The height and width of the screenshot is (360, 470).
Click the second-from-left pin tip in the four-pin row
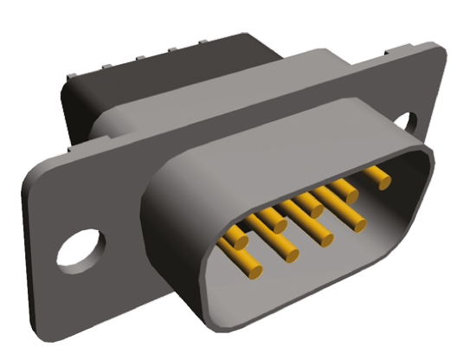tap(325, 240)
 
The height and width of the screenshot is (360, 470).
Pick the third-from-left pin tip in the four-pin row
tap(352, 227)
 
